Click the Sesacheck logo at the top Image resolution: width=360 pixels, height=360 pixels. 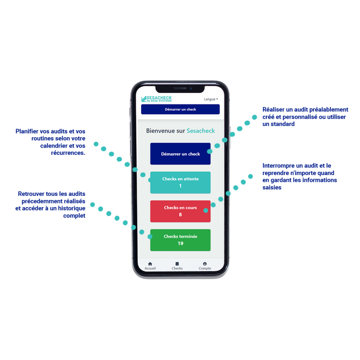[157, 99]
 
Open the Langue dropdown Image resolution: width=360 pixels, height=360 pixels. [211, 99]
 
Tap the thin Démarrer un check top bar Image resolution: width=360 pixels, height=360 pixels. [180, 109]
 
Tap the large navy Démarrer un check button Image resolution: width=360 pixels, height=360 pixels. [180, 154]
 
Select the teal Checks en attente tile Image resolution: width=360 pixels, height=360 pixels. [180, 182]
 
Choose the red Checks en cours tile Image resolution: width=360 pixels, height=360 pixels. [180, 211]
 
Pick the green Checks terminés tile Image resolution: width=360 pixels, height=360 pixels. [180, 240]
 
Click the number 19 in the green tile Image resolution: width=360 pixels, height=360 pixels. [180, 243]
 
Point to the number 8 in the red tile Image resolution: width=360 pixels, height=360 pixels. [180, 215]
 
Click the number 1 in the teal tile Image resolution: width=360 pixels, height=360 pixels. [180, 186]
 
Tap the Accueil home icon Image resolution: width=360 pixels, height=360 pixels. [150, 264]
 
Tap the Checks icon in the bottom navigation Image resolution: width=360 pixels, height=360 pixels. [177, 264]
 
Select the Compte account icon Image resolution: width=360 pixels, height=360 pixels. [205, 264]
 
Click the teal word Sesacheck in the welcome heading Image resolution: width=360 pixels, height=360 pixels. [201, 131]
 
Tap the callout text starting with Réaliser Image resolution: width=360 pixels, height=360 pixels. [305, 116]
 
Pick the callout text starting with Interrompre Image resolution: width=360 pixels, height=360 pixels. [299, 176]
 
